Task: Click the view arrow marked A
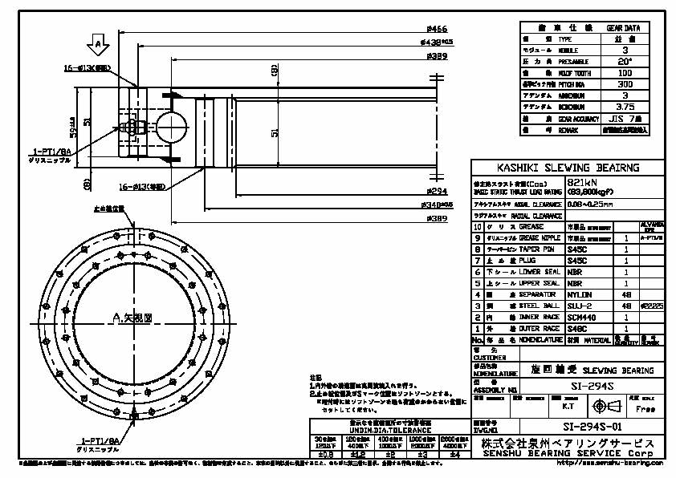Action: click(98, 42)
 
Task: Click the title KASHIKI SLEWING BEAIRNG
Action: click(568, 168)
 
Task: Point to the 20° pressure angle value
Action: click(625, 61)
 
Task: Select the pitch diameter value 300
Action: click(625, 83)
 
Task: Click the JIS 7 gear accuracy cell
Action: click(625, 117)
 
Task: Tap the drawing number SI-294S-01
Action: click(593, 427)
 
